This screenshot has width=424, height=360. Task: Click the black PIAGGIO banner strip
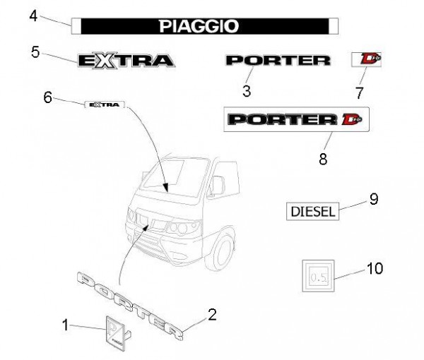point(205,26)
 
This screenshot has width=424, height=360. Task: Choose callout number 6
point(48,97)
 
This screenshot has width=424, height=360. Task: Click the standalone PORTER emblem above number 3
point(277,60)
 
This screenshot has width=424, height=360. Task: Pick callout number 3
point(246,90)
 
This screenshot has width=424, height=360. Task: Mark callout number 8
point(323,159)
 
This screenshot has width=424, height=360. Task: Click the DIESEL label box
point(312,210)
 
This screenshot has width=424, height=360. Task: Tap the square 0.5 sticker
point(317,276)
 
